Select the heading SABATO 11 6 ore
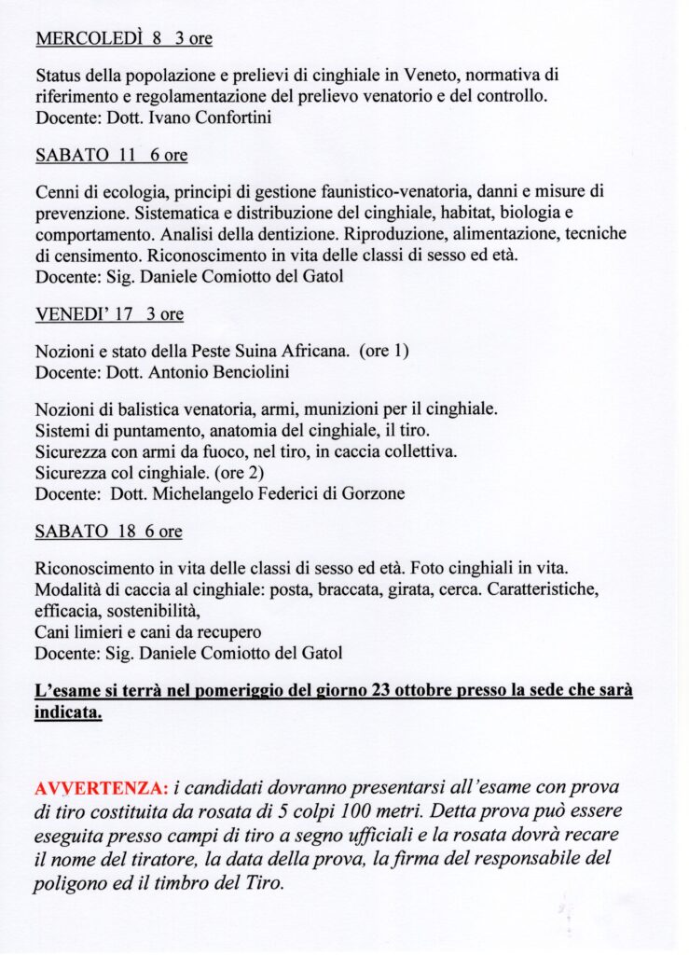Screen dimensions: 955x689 (x=111, y=156)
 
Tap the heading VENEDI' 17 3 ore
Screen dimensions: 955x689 (x=109, y=314)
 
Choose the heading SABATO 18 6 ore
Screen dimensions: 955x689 (x=108, y=532)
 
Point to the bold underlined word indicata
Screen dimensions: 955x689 (x=68, y=713)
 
